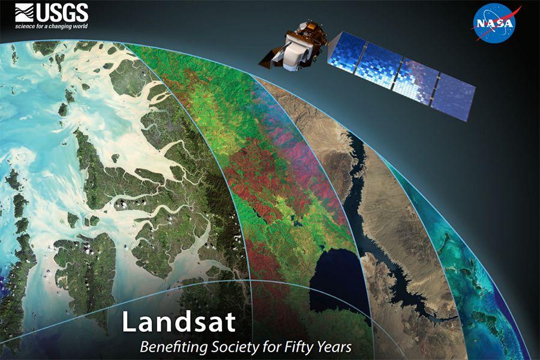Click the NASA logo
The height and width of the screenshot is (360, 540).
494,23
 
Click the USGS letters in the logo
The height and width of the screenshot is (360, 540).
62,13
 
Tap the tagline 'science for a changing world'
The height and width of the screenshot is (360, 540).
52,26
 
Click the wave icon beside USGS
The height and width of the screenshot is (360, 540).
25,13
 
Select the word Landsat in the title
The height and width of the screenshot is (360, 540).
179,322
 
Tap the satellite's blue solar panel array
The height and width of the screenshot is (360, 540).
401,76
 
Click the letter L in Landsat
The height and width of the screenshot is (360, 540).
129,322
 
